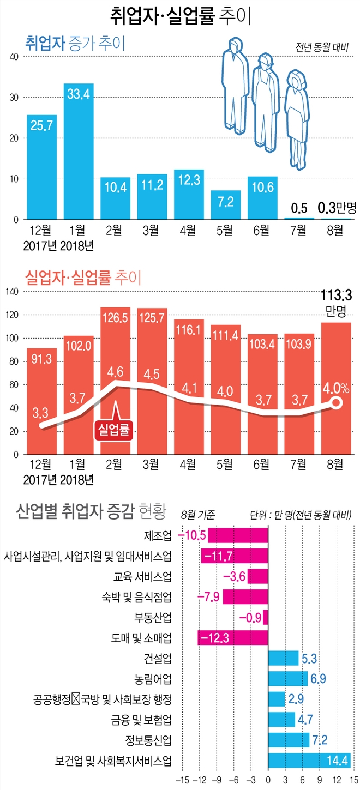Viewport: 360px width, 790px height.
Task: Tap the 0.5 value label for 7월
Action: [298, 208]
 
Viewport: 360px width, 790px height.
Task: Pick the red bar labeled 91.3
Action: [41, 401]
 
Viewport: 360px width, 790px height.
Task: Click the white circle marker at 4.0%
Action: [336, 403]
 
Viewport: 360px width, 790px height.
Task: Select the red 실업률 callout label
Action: [115, 430]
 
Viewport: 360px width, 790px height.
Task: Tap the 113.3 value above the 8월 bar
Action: [335, 296]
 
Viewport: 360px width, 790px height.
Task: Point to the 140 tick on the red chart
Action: [13, 292]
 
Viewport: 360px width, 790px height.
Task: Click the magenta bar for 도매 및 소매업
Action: [233, 637]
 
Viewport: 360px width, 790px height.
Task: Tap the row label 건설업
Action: [158, 658]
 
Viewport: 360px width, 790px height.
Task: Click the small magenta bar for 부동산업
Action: [266, 617]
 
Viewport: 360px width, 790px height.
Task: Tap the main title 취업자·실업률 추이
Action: [180, 15]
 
